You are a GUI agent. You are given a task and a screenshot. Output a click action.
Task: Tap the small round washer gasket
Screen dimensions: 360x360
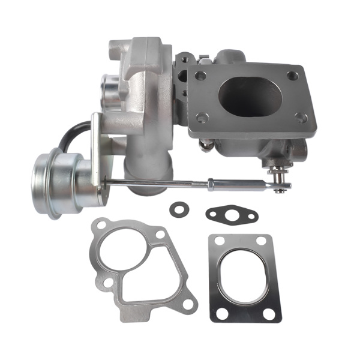coord(178,208)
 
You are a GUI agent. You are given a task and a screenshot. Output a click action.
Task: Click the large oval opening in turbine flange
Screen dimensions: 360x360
coord(250,96)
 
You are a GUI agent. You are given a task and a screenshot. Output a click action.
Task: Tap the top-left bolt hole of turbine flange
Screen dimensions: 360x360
coord(201,76)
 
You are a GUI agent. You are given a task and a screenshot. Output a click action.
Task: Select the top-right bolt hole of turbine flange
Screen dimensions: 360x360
coord(292,76)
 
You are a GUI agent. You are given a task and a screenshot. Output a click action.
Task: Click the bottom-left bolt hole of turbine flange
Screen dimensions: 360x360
coord(202,118)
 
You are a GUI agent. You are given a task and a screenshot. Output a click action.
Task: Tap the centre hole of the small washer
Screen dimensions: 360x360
coord(178,208)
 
